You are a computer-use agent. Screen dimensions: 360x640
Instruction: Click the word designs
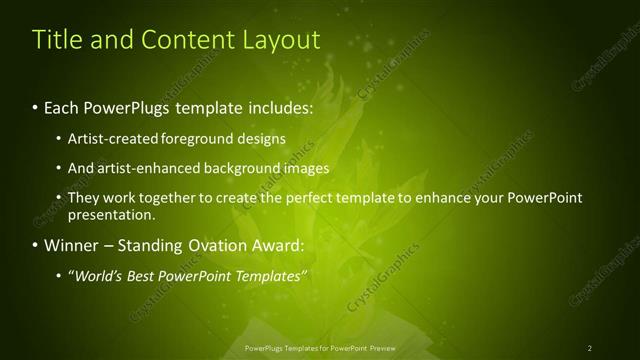[262, 138]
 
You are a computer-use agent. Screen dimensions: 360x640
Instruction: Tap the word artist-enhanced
[144, 168]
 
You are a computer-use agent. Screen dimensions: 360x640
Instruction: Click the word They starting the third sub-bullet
[83, 198]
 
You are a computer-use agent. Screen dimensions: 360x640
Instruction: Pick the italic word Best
[140, 276]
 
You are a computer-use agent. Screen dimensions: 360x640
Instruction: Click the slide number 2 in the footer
[589, 348]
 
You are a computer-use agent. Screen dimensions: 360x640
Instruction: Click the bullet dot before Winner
[36, 245]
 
